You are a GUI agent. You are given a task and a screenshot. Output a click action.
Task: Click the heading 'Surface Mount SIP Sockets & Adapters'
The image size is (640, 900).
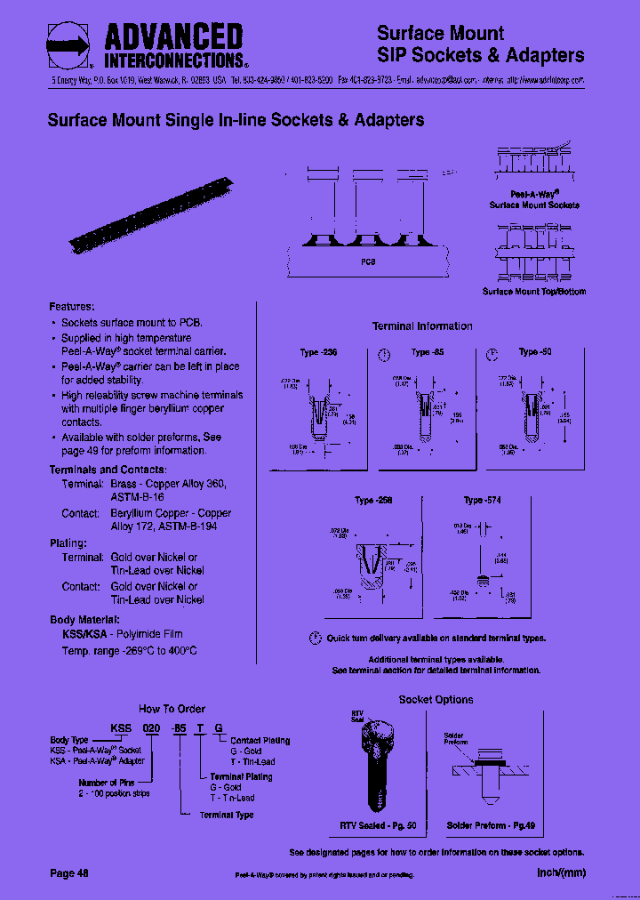click(480, 44)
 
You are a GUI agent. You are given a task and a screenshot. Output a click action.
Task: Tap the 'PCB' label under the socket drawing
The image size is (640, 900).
click(368, 262)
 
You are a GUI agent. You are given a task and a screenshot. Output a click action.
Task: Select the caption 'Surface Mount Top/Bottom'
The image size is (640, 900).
click(534, 292)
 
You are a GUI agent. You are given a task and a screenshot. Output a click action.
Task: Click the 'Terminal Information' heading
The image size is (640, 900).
click(422, 326)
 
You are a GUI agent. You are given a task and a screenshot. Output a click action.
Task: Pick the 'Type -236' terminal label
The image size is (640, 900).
click(320, 353)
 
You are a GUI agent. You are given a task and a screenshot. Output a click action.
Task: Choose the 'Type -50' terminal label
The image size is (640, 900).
click(535, 352)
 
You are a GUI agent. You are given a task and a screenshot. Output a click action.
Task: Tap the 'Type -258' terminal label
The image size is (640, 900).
click(373, 501)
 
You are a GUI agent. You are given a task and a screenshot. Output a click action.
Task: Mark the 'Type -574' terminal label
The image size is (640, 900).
click(482, 501)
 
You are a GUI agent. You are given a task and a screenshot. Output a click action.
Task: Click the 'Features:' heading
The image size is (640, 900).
click(72, 307)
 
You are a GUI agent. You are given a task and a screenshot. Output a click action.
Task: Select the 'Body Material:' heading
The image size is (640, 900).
click(84, 620)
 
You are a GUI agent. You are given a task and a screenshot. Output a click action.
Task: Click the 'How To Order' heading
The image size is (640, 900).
click(172, 709)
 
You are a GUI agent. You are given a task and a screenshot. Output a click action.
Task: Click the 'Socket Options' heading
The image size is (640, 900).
click(436, 700)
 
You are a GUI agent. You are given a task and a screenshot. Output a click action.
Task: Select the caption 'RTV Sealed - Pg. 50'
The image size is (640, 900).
click(379, 826)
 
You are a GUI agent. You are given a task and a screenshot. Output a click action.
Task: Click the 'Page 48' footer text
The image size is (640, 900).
click(69, 873)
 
